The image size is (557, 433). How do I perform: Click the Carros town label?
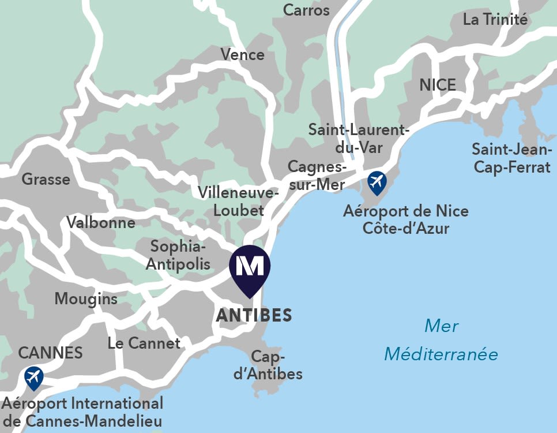306,10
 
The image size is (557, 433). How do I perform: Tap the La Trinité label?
495,19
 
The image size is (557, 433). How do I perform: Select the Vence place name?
242,55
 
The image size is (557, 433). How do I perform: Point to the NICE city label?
438,85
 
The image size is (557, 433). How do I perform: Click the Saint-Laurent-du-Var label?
359,139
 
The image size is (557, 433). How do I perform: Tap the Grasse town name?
46,179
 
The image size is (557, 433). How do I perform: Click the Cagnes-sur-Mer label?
317,176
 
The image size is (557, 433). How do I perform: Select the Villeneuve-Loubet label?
238,201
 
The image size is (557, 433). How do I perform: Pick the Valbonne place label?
101,222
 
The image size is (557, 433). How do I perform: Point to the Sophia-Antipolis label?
178,255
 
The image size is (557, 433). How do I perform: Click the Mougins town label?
86,298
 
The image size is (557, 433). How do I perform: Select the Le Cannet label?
144,343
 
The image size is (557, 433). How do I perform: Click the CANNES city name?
50,352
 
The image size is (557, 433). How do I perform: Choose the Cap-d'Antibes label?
268,365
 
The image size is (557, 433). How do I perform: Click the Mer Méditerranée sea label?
441,340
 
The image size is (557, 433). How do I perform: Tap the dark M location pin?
250,266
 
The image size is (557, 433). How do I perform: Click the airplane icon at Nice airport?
377,182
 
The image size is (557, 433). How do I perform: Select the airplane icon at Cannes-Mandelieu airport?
34,378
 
